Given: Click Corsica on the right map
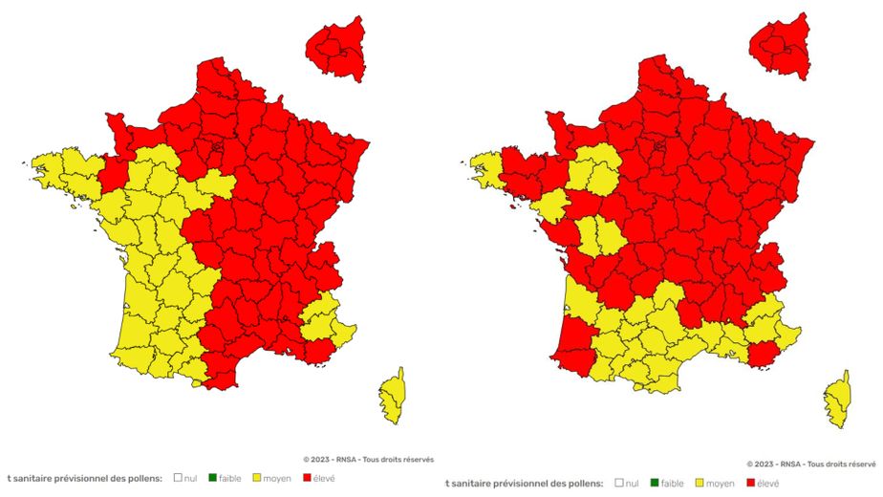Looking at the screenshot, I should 838,400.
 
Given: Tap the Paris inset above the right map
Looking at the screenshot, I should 780,44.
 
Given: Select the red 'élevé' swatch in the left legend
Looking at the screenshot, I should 307,477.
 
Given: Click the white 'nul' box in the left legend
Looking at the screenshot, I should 178,477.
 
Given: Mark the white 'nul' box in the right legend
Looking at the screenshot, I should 621,484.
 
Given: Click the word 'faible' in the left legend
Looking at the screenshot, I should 229,477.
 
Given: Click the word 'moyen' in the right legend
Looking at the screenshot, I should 721,484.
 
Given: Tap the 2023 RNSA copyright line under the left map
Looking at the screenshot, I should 368,460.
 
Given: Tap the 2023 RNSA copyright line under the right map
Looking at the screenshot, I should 812,465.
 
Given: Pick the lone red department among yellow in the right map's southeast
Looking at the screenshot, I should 764,355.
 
